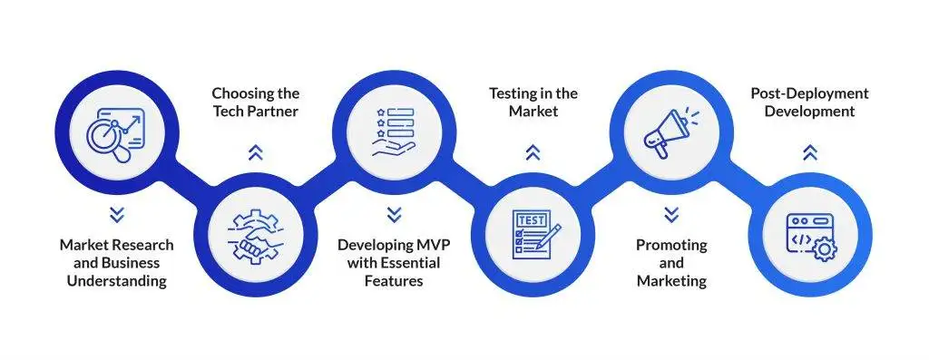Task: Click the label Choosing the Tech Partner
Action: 255,102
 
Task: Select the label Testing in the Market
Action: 533,102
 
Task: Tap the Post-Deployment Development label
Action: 809,102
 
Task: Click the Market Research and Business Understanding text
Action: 116,263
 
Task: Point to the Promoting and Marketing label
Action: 671,263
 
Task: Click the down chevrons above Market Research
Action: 116,215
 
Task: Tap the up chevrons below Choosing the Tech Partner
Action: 255,153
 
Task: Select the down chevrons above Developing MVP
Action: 393,215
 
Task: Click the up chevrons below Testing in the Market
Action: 533,153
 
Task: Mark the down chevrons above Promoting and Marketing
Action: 671,215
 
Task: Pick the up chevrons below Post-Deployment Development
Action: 810,153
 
